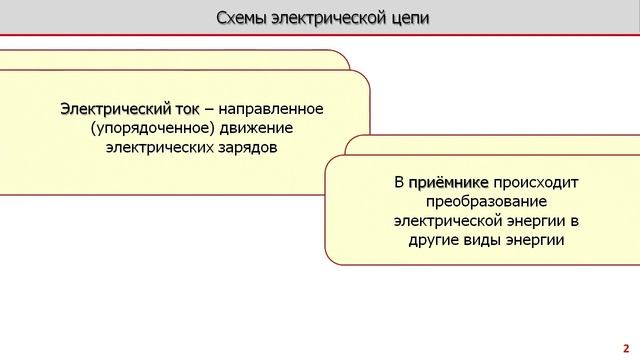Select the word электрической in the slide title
(x=329, y=19)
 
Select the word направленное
(x=281, y=108)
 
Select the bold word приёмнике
(x=448, y=183)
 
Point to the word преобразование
(x=487, y=202)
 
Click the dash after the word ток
(x=210, y=108)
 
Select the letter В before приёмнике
(x=398, y=183)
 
